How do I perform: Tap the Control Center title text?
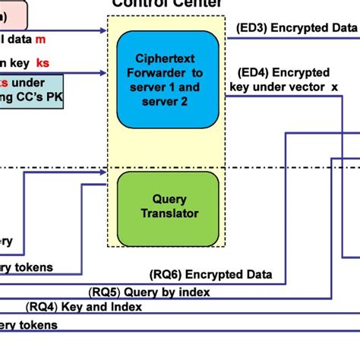[x=167, y=4]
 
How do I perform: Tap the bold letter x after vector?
[x=333, y=87]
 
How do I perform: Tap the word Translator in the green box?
[x=169, y=213]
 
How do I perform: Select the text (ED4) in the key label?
[x=252, y=72]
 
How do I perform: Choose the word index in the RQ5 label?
[x=194, y=292]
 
